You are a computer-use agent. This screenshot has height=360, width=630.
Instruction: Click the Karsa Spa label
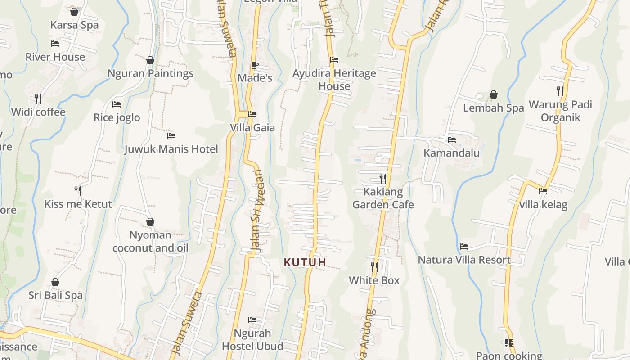pyautogui.click(x=74, y=25)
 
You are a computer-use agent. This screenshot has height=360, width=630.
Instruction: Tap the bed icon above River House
pyautogui.click(x=55, y=44)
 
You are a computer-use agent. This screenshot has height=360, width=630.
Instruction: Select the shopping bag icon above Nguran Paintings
pyautogui.click(x=150, y=60)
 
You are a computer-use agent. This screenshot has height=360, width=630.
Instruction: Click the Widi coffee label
pyautogui.click(x=38, y=112)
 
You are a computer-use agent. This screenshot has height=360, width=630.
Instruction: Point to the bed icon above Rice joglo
pyautogui.click(x=117, y=104)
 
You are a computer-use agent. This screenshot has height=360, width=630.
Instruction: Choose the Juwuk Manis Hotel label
pyautogui.click(x=171, y=149)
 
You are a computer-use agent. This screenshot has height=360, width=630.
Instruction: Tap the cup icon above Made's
pyautogui.click(x=255, y=65)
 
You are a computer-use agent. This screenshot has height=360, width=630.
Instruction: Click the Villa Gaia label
pyautogui.click(x=252, y=128)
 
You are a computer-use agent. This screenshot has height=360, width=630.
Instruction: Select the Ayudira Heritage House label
pyautogui.click(x=334, y=80)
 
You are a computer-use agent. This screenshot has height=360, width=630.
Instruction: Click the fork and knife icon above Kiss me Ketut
pyautogui.click(x=78, y=191)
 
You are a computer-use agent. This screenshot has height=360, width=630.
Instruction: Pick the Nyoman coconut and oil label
pyautogui.click(x=150, y=242)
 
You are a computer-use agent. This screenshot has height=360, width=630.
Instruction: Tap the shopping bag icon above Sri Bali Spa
pyautogui.click(x=55, y=282)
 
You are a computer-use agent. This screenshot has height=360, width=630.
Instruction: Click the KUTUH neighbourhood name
pyautogui.click(x=305, y=262)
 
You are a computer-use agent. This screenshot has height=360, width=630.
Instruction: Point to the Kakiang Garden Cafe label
pyautogui.click(x=383, y=198)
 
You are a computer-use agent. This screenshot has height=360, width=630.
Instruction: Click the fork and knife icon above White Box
pyautogui.click(x=374, y=267)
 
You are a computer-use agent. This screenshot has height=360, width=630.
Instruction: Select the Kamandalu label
pyautogui.click(x=452, y=153)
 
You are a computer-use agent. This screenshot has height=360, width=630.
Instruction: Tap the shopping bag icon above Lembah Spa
pyautogui.click(x=494, y=94)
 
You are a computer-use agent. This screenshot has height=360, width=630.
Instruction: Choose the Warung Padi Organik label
pyautogui.click(x=560, y=111)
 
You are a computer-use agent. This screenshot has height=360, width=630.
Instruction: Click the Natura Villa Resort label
pyautogui.click(x=464, y=260)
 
